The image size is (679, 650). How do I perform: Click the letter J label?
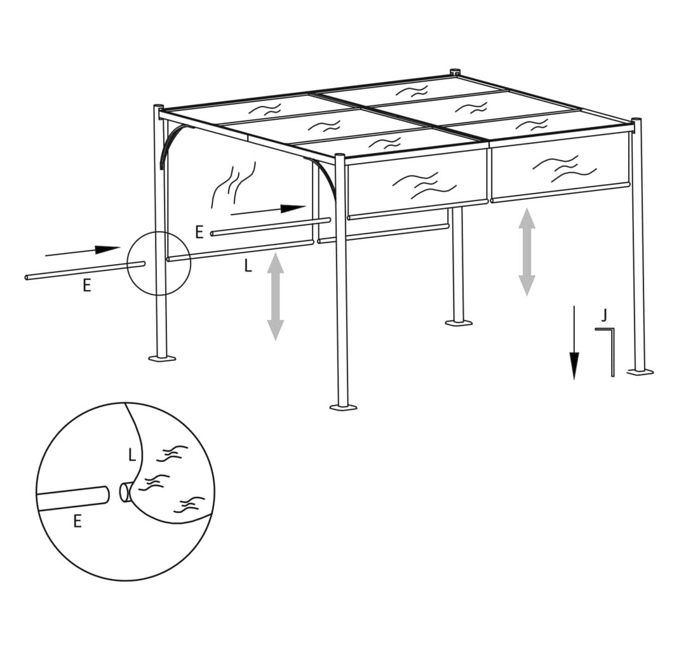click(603, 316)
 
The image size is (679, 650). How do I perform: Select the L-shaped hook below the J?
click(612, 346)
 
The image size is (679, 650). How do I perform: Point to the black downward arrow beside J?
click(574, 343)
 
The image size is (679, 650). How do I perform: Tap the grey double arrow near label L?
click(276, 296)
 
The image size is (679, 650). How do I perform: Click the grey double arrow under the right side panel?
click(527, 252)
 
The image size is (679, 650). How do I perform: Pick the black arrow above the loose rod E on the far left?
click(83, 251)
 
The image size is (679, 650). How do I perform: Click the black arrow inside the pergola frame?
click(269, 210)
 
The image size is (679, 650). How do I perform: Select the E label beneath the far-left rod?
click(87, 286)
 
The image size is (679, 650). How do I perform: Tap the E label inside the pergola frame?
click(199, 232)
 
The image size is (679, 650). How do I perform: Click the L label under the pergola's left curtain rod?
click(248, 266)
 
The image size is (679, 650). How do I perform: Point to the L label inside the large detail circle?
click(132, 455)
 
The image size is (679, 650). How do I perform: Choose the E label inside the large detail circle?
click(77, 522)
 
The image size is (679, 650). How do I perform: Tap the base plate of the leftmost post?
click(162, 358)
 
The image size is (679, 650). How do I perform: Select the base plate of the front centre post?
click(344, 408)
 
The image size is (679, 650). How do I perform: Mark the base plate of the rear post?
click(459, 322)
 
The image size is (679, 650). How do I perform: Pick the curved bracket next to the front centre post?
click(328, 176)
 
